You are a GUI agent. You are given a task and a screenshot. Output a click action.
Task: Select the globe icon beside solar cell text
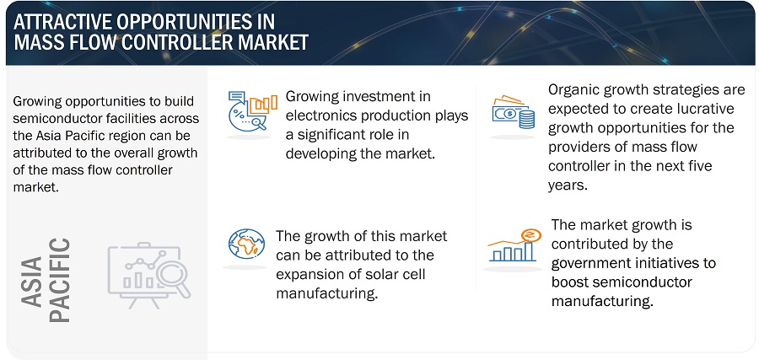(x=246, y=244)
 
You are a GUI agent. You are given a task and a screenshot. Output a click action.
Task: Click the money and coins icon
(x=513, y=112)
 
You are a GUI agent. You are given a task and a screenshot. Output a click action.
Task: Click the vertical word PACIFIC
(x=60, y=280)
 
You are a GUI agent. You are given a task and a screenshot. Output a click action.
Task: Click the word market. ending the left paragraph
(x=35, y=188)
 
